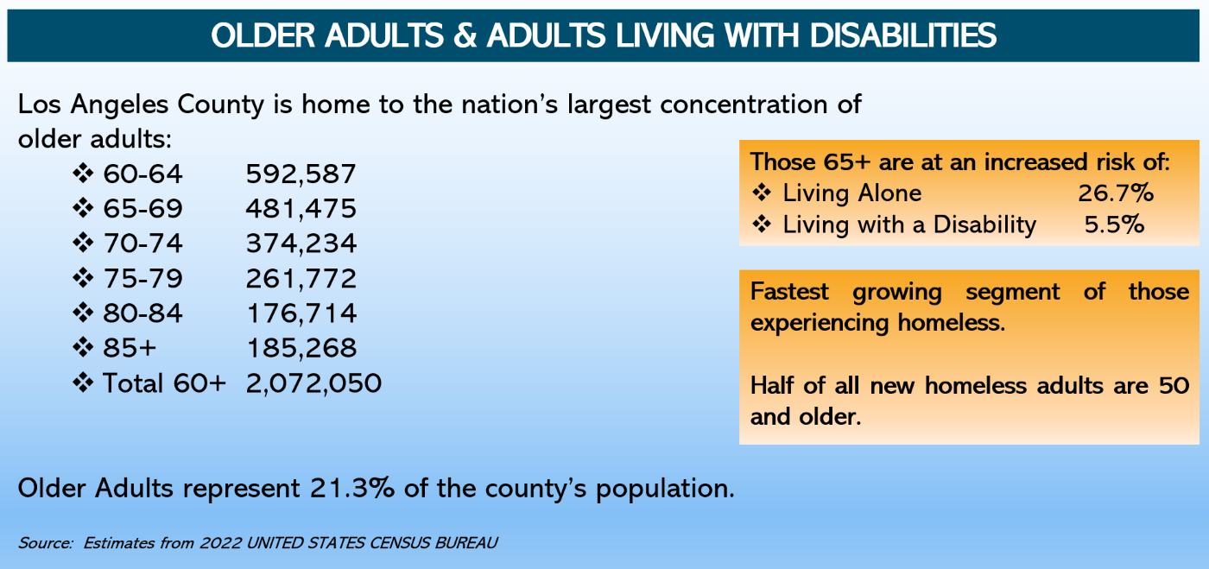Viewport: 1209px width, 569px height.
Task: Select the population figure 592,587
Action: click(x=301, y=174)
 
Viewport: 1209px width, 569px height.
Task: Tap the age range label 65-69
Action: click(x=142, y=209)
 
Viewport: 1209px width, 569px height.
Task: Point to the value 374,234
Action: click(x=301, y=244)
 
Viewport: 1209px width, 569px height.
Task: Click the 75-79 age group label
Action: click(x=142, y=279)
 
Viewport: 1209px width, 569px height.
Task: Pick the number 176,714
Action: click(x=301, y=313)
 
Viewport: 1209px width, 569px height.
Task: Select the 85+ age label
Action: click(x=130, y=348)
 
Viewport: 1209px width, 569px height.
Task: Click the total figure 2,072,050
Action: click(x=313, y=382)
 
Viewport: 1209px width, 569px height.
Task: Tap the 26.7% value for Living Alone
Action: click(x=1115, y=193)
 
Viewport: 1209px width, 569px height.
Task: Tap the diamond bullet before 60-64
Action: click(x=84, y=174)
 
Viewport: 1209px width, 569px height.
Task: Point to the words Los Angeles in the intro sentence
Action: click(x=96, y=105)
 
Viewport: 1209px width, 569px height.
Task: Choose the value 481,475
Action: click(x=301, y=209)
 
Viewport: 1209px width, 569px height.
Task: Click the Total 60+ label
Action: click(x=163, y=382)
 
